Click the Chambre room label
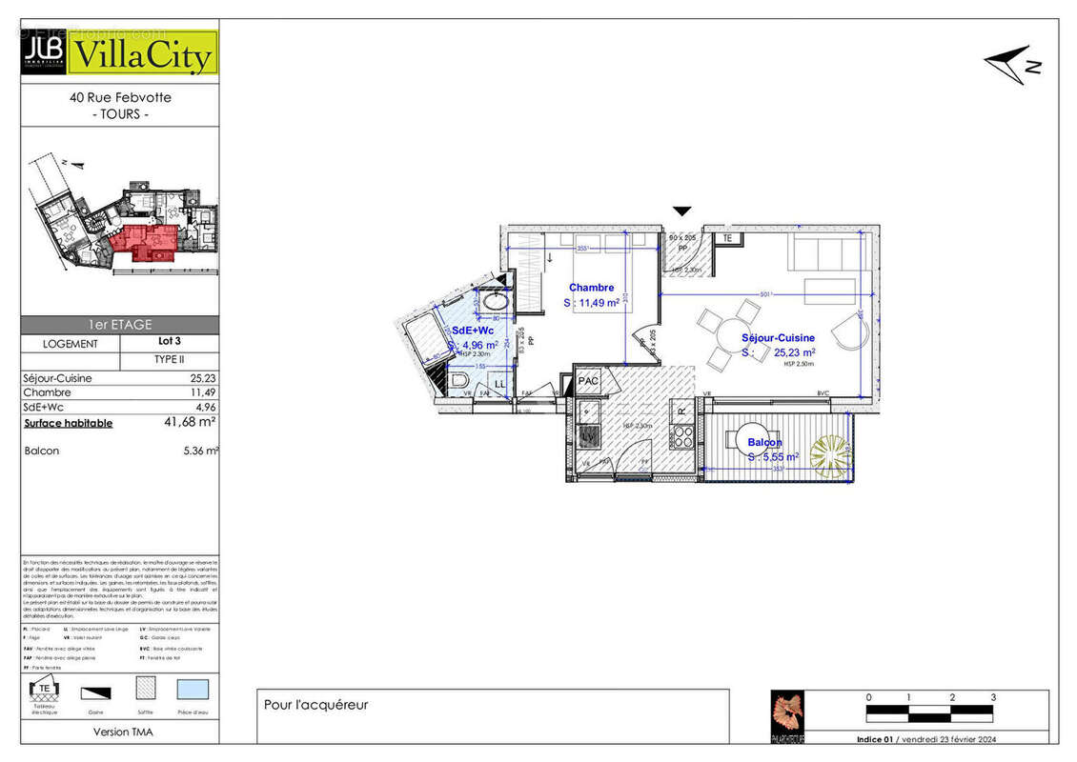591,288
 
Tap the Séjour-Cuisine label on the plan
778,338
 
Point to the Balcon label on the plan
764,443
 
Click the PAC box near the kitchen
588,381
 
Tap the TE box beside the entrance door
728,238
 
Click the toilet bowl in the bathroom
460,383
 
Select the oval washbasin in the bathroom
495,302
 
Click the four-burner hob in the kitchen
681,438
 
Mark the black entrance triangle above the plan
681,211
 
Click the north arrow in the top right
1011,64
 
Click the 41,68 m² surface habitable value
190,422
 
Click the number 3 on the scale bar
993,697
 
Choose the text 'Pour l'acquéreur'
315,705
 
